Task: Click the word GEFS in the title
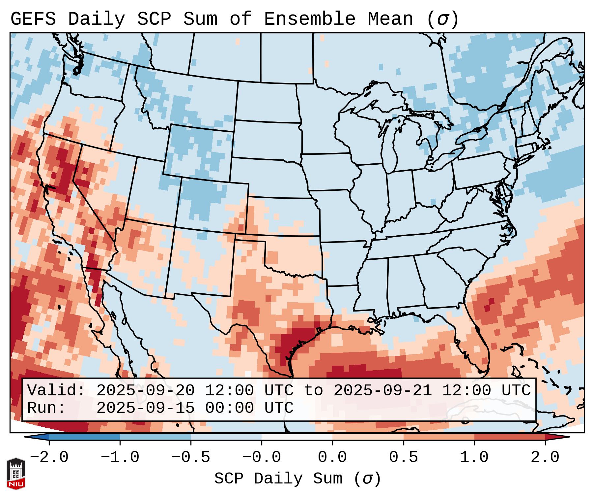point(33,19)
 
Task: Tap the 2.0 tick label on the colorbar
point(545,457)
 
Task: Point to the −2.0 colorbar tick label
point(49,457)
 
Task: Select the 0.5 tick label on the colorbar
point(403,457)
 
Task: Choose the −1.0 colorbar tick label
point(120,457)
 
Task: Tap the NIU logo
point(16,474)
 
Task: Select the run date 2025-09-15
point(145,408)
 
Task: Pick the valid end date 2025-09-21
point(383,391)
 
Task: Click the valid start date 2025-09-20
point(145,391)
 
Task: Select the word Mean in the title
point(390,19)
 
